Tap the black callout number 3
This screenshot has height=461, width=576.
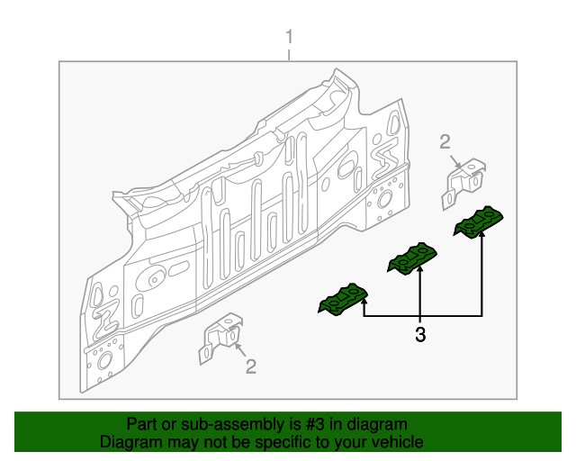[x=420, y=336]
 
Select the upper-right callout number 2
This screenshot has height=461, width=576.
[x=445, y=140]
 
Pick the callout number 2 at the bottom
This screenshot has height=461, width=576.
[x=251, y=366]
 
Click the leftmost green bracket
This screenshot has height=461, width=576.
[x=342, y=300]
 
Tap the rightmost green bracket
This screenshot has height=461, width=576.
[x=479, y=222]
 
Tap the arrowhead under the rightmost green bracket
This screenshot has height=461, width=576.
[x=481, y=236]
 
